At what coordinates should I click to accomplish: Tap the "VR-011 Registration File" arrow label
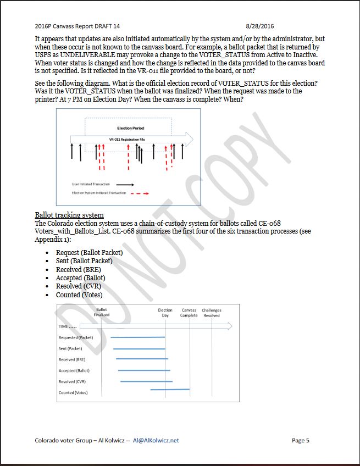point(127,140)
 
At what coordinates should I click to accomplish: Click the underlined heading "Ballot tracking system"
point(69,214)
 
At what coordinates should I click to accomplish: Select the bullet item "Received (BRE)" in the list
point(78,270)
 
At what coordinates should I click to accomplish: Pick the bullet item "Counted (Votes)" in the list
point(79,295)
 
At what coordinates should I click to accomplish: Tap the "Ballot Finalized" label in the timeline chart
point(102,312)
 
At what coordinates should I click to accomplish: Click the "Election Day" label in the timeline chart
point(165,312)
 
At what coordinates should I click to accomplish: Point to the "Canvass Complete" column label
point(189,312)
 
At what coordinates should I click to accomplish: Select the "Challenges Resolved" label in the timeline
point(212,312)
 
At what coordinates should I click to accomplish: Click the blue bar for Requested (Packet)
point(137,337)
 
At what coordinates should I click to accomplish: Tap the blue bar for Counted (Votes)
point(169,390)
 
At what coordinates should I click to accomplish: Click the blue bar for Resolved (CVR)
point(146,381)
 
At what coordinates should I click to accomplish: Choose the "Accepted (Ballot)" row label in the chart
point(75,370)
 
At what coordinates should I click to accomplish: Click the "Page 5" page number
point(301,440)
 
